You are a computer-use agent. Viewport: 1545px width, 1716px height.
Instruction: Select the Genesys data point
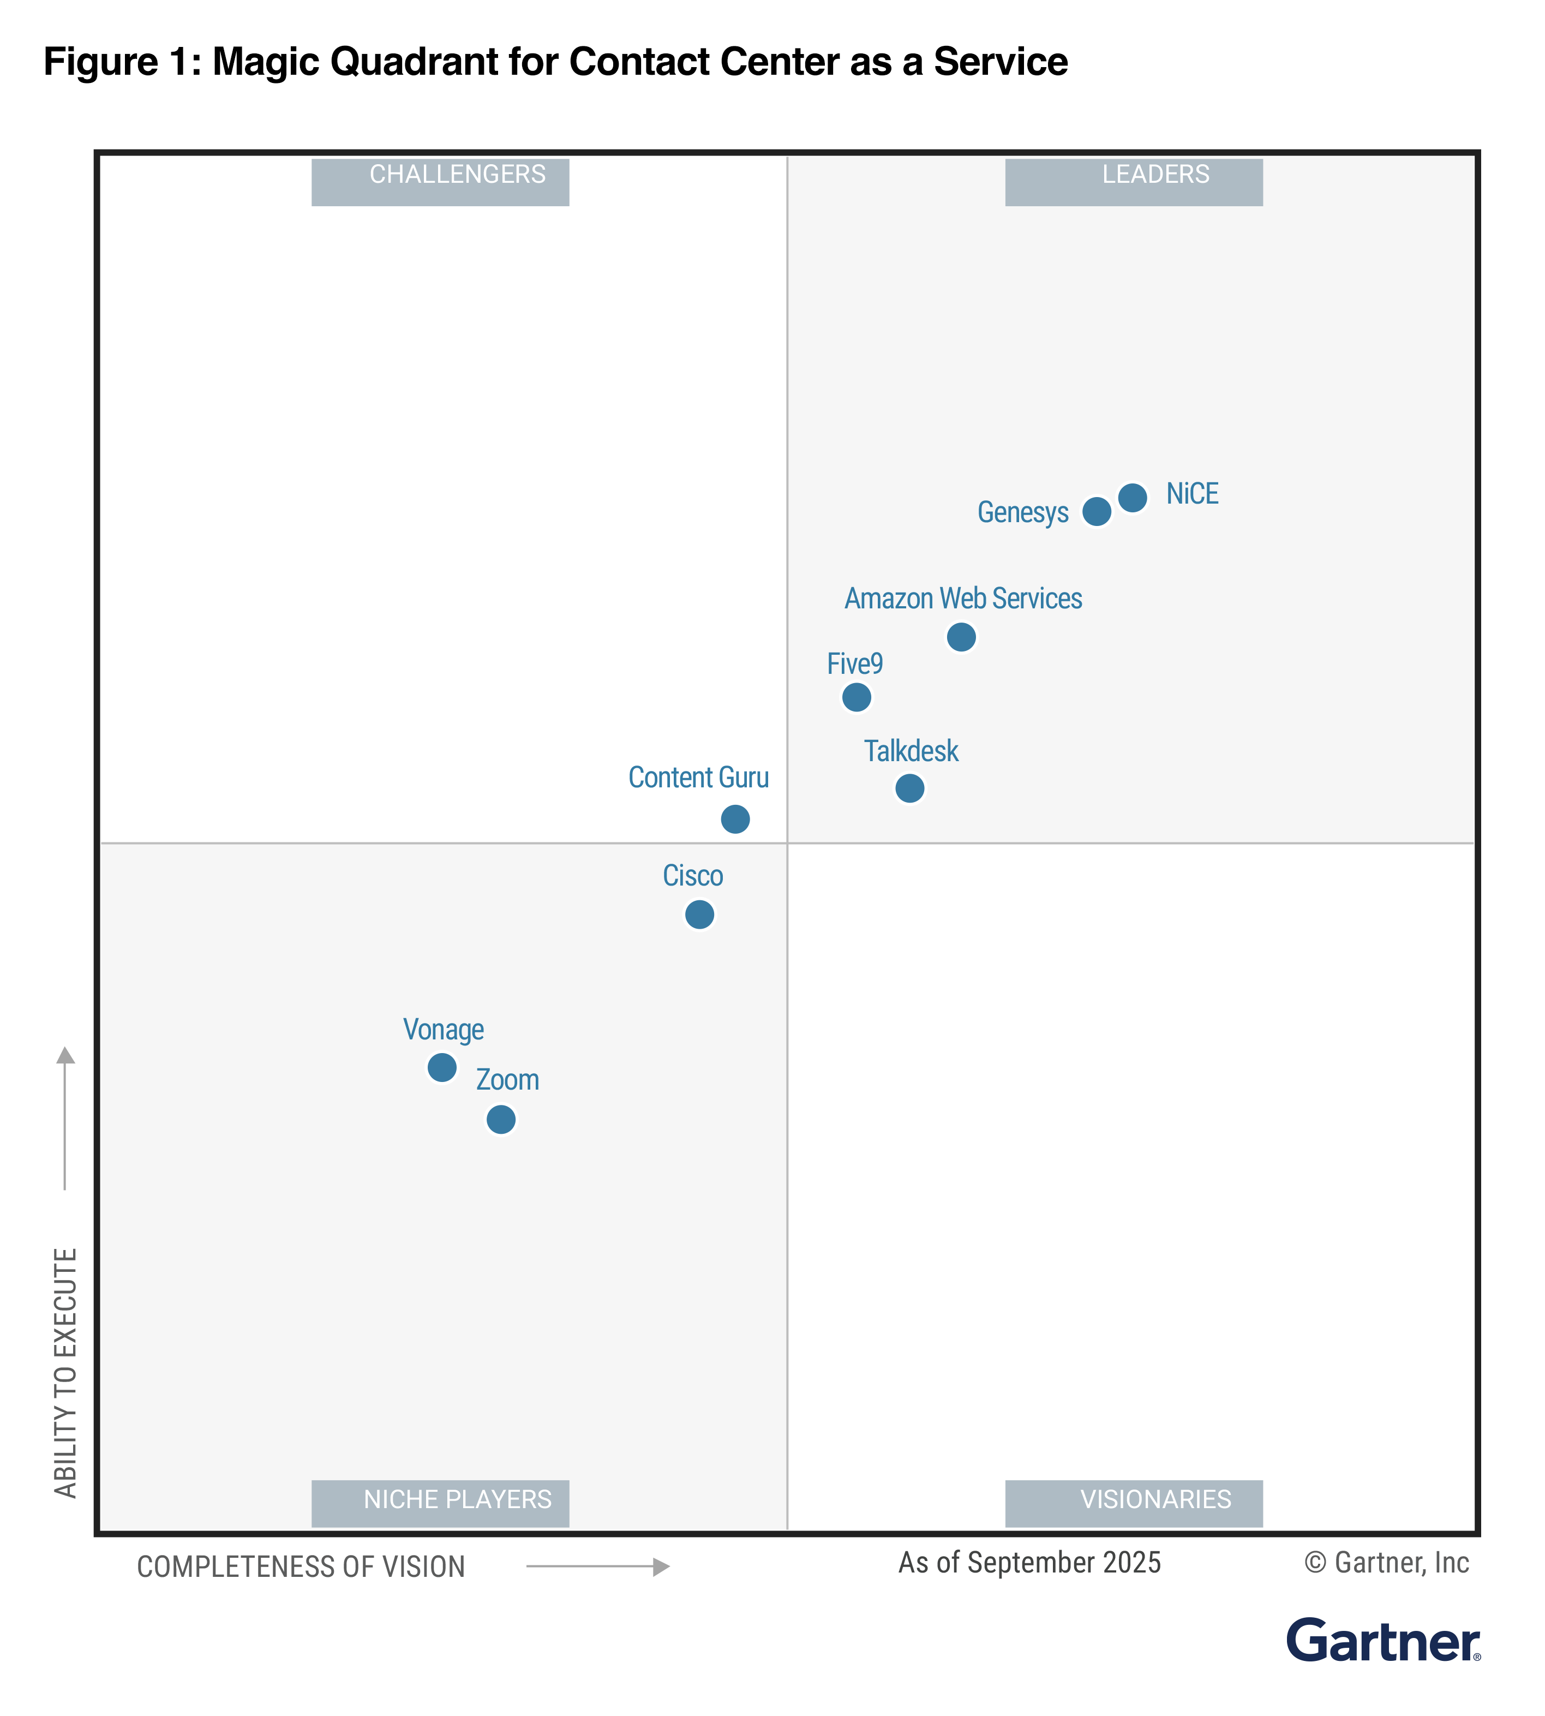(x=1097, y=512)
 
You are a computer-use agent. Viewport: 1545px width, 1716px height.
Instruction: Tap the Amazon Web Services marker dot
(x=961, y=637)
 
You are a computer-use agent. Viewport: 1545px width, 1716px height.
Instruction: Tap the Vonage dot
(x=441, y=1067)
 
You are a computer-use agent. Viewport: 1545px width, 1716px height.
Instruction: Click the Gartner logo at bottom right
(x=1383, y=1641)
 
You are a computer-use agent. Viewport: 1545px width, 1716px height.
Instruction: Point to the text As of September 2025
(x=1029, y=1562)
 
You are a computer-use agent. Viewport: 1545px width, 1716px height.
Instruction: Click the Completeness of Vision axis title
(x=301, y=1566)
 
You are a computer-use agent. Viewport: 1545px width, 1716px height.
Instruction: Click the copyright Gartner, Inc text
(x=1386, y=1562)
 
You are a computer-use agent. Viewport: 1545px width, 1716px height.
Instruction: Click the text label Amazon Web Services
(x=963, y=599)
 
